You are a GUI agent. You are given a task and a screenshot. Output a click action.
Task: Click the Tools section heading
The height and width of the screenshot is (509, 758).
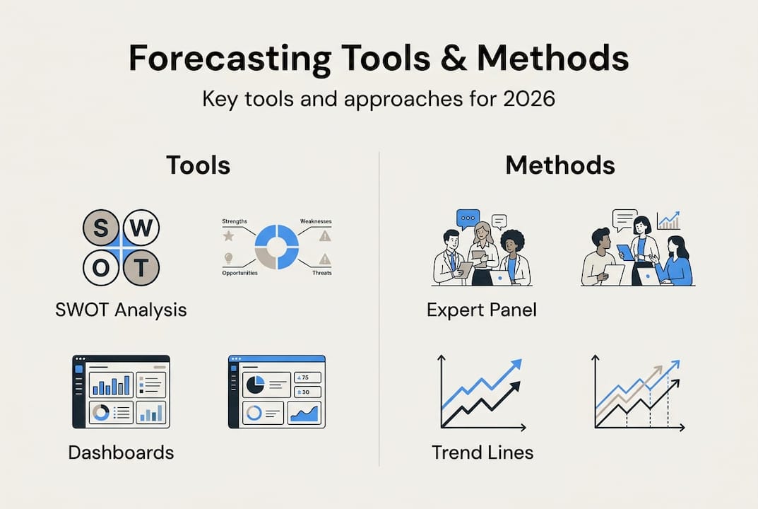[x=198, y=165]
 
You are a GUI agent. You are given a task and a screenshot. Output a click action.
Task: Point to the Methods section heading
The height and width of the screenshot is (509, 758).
[x=560, y=165]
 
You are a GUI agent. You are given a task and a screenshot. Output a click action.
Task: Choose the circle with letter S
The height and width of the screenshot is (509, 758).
[x=101, y=228]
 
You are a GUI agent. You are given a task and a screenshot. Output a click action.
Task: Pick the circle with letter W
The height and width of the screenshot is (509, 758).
[x=141, y=228]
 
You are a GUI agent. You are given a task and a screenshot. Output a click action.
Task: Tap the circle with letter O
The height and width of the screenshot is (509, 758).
[x=101, y=267]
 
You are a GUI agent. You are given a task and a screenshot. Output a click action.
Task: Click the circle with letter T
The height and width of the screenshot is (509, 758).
[x=141, y=267]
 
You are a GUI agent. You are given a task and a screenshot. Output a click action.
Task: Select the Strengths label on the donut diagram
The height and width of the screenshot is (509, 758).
[x=235, y=221]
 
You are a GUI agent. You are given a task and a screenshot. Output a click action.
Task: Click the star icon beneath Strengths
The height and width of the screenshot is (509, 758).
[x=228, y=235]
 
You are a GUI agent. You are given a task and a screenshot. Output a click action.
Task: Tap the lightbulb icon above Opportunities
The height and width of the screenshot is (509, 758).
[x=228, y=258]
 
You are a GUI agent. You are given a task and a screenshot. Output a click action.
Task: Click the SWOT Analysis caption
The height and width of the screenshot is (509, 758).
[x=121, y=310]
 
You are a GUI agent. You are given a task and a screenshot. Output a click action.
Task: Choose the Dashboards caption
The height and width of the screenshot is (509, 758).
[x=121, y=452]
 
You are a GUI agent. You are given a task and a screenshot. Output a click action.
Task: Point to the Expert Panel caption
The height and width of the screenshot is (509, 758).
[x=482, y=310]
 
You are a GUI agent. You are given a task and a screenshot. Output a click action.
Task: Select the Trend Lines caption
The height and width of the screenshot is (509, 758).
[x=482, y=452]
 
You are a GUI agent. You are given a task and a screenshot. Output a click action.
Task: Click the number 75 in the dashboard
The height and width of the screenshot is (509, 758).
[x=305, y=378]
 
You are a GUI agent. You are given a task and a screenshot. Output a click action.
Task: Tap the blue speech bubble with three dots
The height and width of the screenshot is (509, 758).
[x=467, y=218]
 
